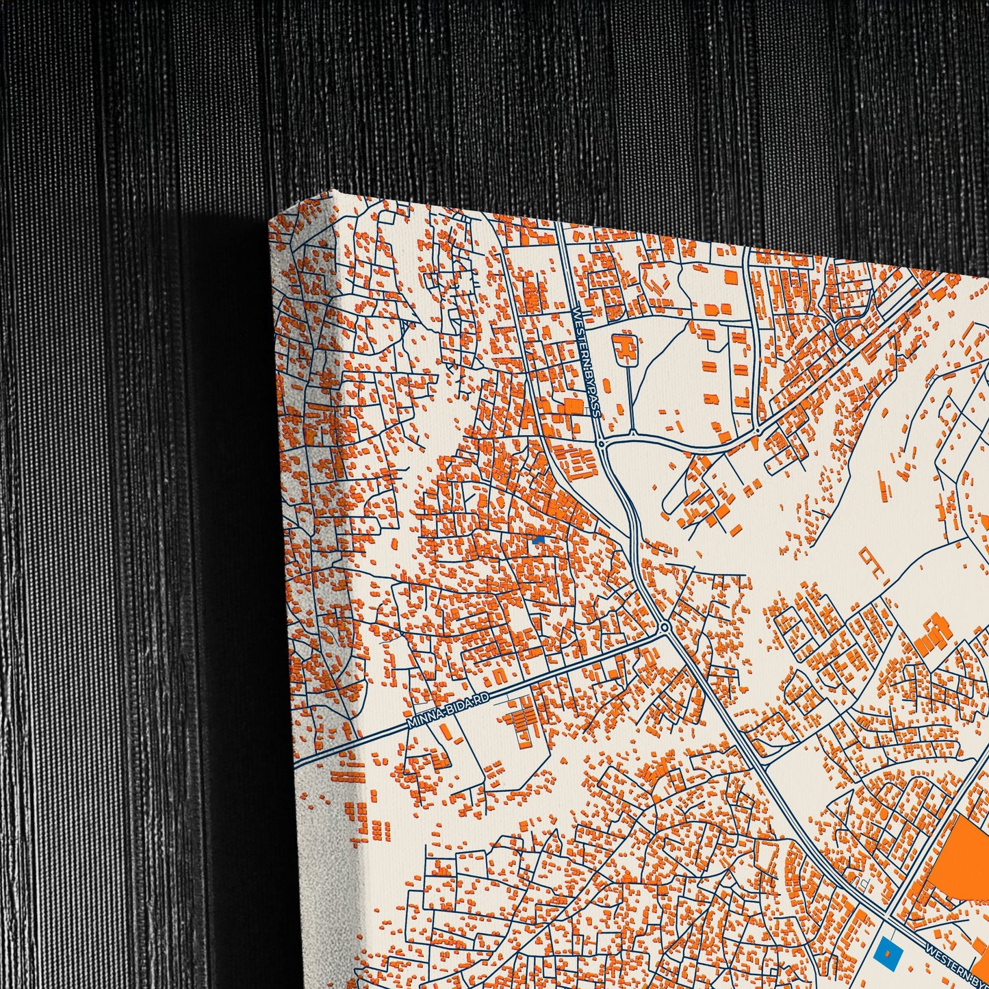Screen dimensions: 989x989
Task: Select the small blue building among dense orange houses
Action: [539, 540]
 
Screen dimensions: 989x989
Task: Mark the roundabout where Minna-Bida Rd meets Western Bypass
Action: [665, 628]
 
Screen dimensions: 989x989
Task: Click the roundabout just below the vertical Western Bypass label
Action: [601, 444]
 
